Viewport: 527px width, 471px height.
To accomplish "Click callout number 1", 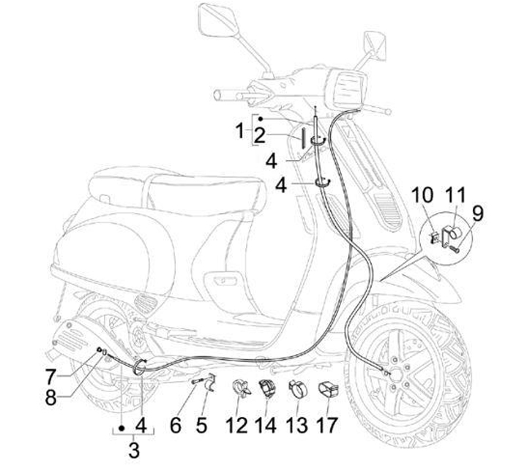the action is pos(239,131).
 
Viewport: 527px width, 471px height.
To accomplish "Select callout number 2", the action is pos(260,135).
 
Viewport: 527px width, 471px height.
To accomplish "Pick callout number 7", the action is pos(51,379).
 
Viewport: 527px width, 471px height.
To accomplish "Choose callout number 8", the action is pos(51,399).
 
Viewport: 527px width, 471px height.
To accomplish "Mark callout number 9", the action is pos(477,214).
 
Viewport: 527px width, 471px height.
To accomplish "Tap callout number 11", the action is pos(456,196).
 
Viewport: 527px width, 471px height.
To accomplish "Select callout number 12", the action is pos(236,423).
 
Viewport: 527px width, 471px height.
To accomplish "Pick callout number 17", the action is pos(328,423).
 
